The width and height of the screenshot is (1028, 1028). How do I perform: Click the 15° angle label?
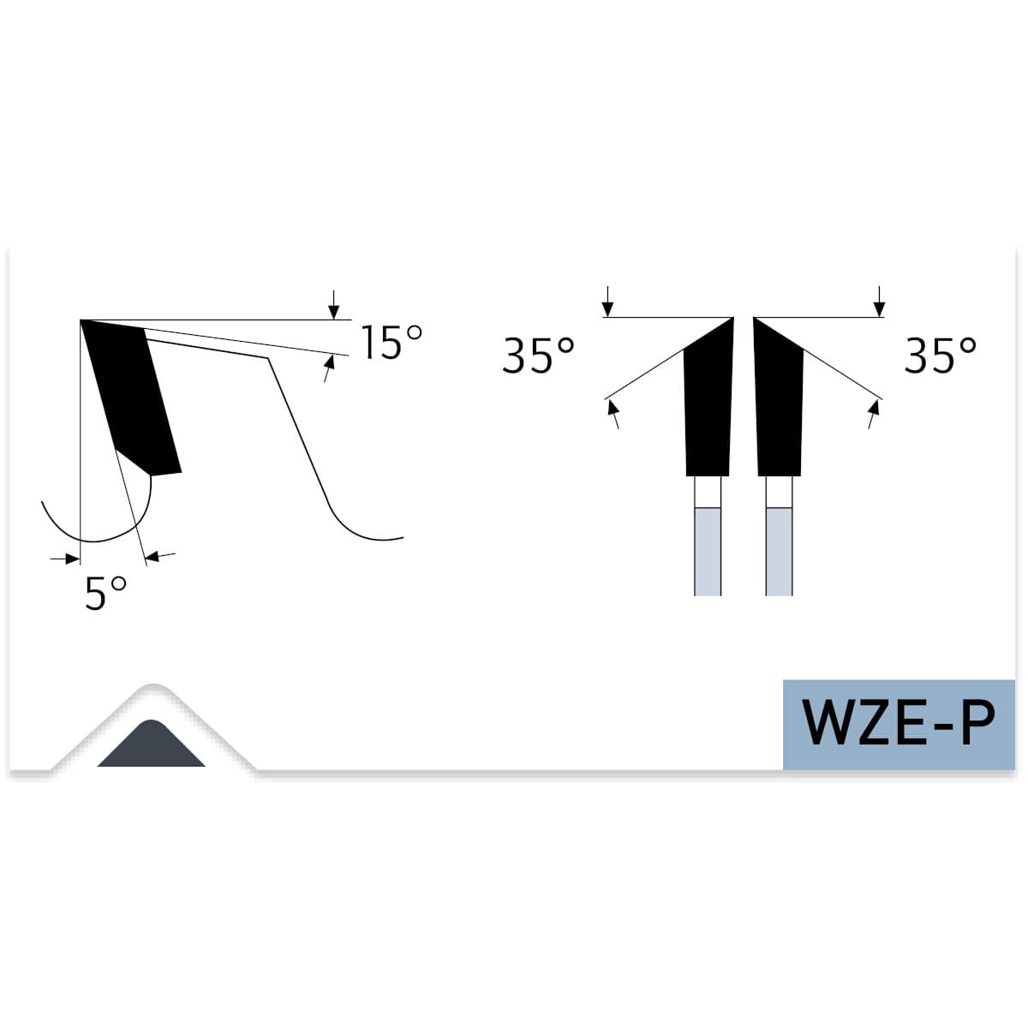(x=392, y=342)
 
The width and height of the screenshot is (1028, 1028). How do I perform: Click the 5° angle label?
(x=105, y=593)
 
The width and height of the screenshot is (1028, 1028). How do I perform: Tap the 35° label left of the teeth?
(x=538, y=355)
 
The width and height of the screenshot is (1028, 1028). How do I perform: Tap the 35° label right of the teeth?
(x=940, y=355)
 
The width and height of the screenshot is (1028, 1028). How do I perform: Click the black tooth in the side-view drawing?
(x=131, y=397)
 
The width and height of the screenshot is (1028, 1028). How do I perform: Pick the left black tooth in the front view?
(x=708, y=397)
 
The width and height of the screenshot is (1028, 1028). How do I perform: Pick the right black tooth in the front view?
(x=779, y=397)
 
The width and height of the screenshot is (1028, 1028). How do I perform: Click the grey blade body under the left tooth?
(x=708, y=551)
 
